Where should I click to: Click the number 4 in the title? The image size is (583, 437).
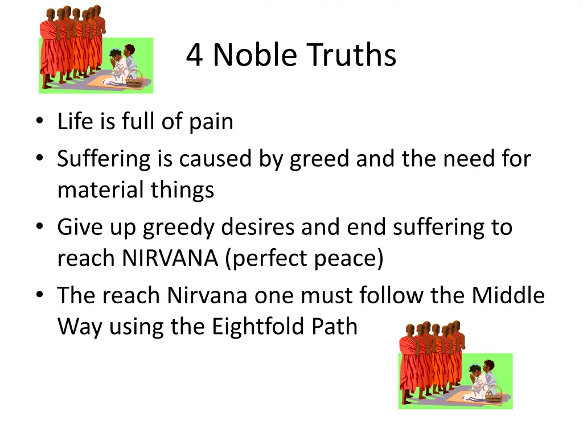[x=195, y=56]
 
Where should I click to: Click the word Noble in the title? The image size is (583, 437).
[x=254, y=56]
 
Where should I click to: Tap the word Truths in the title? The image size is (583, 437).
[x=350, y=56]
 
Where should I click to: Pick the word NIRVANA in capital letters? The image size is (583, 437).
[x=169, y=258]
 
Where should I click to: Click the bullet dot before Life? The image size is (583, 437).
[x=38, y=121]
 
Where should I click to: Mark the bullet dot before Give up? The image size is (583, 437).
[x=38, y=226]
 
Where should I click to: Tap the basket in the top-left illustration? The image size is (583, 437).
[x=134, y=81]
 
